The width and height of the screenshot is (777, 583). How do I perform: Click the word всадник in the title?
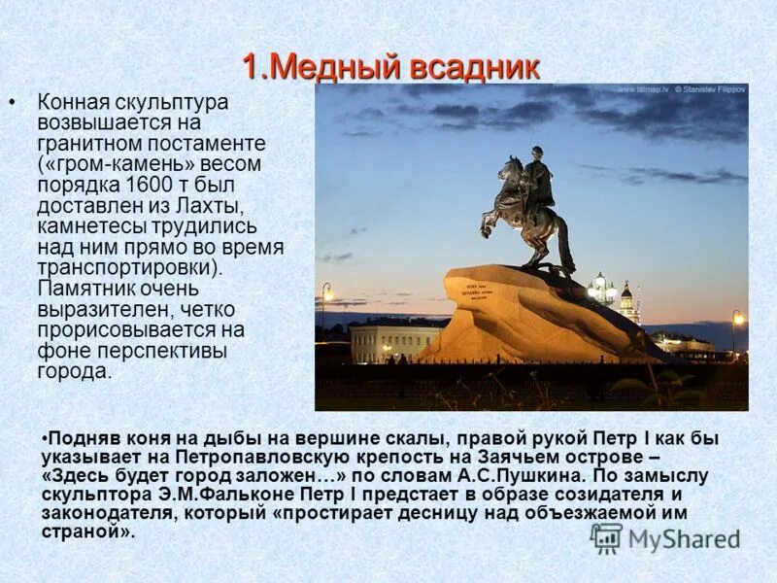click(x=474, y=68)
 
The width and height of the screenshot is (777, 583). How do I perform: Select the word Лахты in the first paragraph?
click(x=218, y=206)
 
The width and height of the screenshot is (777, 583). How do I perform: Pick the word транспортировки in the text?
click(x=126, y=267)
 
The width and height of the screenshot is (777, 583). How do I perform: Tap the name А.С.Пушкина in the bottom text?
click(x=519, y=476)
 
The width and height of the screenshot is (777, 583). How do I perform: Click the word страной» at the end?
click(x=88, y=532)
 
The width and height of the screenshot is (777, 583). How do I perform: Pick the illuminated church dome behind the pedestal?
click(x=626, y=291)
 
